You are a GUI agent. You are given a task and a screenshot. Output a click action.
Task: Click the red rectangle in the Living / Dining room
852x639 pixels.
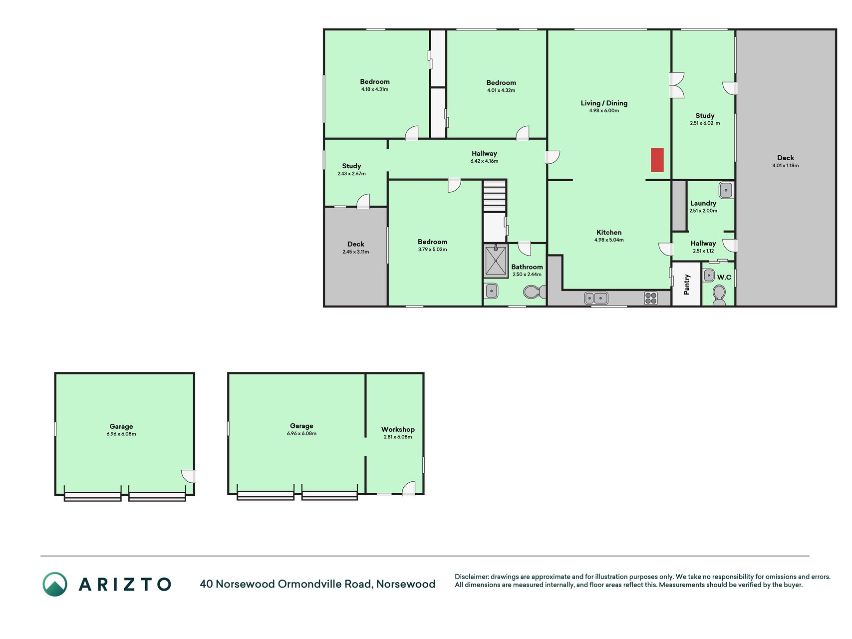(x=657, y=160)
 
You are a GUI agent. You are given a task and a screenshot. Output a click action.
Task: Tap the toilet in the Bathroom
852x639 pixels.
(x=535, y=292)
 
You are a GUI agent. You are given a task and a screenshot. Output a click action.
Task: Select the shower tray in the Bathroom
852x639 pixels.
(x=495, y=261)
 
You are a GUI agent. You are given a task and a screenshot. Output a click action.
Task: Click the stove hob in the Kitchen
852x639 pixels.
(x=651, y=298)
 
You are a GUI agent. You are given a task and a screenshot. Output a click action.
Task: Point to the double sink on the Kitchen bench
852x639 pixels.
(x=596, y=298)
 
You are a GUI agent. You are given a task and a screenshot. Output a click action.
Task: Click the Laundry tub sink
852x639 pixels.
(x=726, y=190)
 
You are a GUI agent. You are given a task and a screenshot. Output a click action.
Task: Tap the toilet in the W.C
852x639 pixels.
(x=719, y=295)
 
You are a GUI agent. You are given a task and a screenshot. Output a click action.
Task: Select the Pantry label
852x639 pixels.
(x=687, y=284)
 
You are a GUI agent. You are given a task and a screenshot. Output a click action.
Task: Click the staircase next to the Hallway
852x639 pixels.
(x=495, y=196)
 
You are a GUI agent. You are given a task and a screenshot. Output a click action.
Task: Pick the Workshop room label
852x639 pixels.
(x=398, y=429)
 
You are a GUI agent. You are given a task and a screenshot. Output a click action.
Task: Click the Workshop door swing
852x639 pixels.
(x=409, y=488)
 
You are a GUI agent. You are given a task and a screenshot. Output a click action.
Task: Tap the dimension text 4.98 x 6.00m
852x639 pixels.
(x=604, y=111)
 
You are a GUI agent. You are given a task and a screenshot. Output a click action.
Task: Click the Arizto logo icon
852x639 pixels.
(x=55, y=584)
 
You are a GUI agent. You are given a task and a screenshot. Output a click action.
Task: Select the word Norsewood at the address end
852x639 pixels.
(x=406, y=584)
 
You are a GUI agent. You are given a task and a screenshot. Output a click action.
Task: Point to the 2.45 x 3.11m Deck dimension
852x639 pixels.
(x=356, y=252)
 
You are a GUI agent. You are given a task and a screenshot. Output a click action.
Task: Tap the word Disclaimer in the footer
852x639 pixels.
(x=472, y=577)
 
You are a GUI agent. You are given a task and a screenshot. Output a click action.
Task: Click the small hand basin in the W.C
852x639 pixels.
(x=709, y=275)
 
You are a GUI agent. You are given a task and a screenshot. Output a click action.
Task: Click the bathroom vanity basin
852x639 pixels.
(x=491, y=291)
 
